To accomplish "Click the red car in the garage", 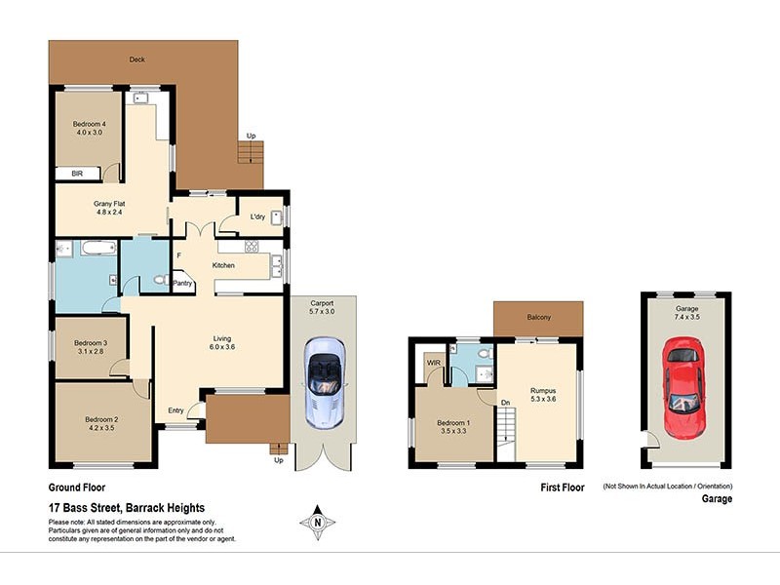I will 683,386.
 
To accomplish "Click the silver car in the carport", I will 323,382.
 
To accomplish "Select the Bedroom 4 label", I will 90,124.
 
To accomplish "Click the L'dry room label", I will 258,216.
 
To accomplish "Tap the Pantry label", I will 182,284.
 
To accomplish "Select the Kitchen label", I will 224,265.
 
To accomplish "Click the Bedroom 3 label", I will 90,342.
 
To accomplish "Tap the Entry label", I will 176,410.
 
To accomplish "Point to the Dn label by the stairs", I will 506,403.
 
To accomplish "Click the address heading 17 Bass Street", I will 127,508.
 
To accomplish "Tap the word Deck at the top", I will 136,59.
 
